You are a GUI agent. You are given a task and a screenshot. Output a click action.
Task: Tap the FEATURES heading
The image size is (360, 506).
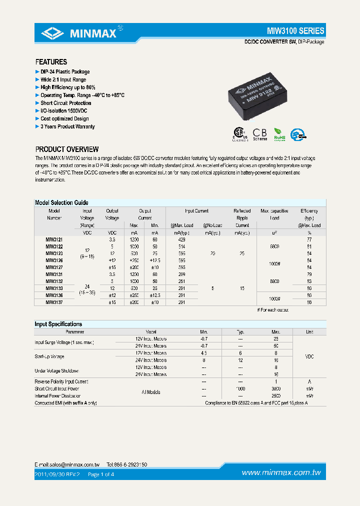pyautogui.click(x=51, y=62)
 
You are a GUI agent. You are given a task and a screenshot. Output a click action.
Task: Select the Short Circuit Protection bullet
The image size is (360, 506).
pyautogui.click(x=65, y=103)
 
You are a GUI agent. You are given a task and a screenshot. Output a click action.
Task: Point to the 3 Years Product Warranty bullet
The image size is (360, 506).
pyautogui.click(x=67, y=126)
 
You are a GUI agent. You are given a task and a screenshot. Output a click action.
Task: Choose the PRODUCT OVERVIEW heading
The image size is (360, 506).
pyautogui.click(x=66, y=149)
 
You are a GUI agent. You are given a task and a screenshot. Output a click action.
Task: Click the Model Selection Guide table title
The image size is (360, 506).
pyautogui.click(x=61, y=202)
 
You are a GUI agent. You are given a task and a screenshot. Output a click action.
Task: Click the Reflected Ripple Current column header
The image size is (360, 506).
pyautogui.click(x=242, y=218)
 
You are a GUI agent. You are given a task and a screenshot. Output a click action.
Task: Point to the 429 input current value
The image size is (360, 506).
pyautogui.click(x=181, y=240)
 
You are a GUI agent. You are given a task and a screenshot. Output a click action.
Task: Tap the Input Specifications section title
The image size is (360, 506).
pyautogui.click(x=58, y=324)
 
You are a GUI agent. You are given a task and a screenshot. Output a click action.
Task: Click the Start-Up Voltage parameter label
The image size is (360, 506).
pyautogui.click(x=49, y=356)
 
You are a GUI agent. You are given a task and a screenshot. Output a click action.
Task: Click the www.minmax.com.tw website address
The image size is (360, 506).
pyautogui.click(x=281, y=473)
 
